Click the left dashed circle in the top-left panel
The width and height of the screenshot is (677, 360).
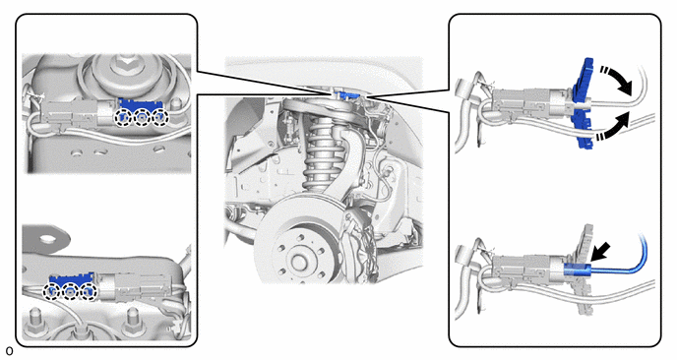[123, 116]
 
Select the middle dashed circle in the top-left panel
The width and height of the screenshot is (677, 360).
[142, 116]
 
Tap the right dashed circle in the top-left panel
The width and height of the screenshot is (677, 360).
[159, 116]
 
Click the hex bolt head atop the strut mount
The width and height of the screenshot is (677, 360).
[123, 65]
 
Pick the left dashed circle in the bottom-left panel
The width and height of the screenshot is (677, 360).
[52, 292]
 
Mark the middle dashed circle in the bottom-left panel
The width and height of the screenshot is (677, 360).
[71, 292]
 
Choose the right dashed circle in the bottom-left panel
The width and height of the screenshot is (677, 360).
[89, 292]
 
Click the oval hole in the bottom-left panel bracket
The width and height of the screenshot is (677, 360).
[48, 237]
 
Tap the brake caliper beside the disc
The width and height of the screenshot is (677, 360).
[357, 246]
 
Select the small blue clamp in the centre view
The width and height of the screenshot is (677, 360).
[346, 93]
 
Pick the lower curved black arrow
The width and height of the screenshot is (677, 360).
[614, 126]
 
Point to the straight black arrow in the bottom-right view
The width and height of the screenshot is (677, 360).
[600, 252]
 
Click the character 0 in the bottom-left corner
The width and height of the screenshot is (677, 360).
[9, 351]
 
